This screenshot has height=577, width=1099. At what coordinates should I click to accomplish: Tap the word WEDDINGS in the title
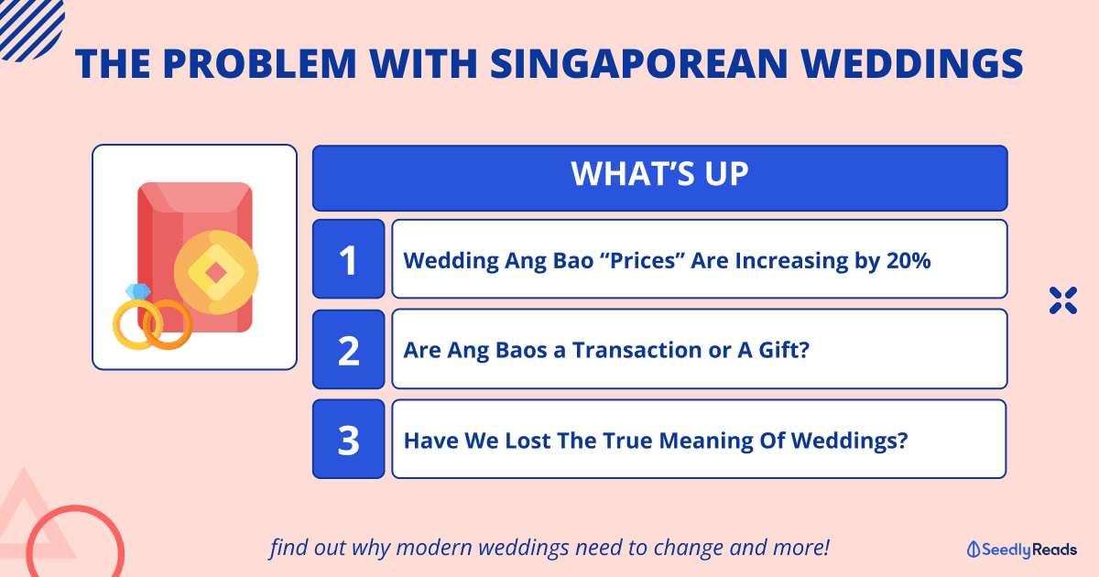click(x=912, y=64)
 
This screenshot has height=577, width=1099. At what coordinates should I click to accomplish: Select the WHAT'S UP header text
click(x=660, y=174)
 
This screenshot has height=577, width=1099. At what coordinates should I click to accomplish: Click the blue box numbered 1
click(x=348, y=259)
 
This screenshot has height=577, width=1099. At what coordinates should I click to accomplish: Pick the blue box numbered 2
click(x=348, y=349)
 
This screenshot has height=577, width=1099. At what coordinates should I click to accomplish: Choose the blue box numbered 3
click(x=348, y=439)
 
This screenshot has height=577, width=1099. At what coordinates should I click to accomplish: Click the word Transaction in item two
click(x=637, y=350)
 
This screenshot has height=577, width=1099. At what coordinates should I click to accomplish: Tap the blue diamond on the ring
click(x=137, y=292)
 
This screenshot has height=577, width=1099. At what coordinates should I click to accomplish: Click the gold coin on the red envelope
click(x=216, y=273)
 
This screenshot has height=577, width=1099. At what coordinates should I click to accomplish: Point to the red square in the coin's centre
click(x=215, y=273)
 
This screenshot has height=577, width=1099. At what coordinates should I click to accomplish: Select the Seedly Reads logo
click(x=1021, y=550)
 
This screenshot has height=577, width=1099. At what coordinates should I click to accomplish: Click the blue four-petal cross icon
click(x=1063, y=300)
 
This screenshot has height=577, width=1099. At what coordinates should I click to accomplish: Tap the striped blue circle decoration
click(x=29, y=27)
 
